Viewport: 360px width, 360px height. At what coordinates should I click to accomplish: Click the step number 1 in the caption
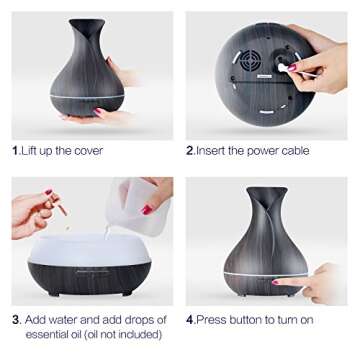pos(15,151)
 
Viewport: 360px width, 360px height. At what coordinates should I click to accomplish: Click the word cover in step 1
pos(87,151)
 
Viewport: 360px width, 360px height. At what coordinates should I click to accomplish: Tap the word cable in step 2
pos(291,151)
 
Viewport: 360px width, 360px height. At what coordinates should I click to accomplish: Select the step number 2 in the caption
pos(190,151)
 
